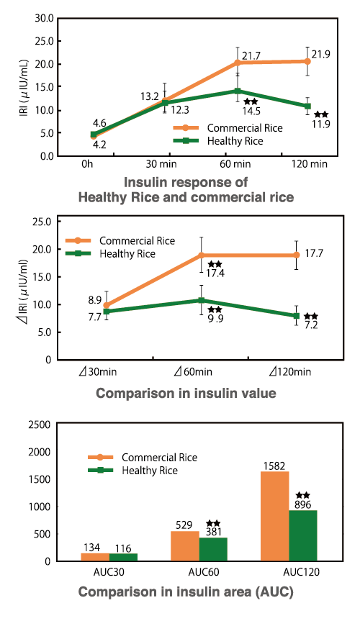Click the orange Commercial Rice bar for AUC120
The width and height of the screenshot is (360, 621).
pos(275,516)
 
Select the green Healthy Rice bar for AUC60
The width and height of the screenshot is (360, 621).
pos(212,549)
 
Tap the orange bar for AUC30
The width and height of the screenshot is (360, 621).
pos(96,557)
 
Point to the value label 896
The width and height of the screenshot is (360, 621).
pos(303,505)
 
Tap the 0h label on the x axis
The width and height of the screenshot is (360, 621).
pos(87,165)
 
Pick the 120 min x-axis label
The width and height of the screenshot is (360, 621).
pos(308,165)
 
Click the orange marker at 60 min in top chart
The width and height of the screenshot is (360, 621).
pos(238,63)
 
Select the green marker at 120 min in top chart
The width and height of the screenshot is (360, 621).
pos(307,106)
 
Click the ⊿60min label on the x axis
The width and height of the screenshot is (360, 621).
pos(194,371)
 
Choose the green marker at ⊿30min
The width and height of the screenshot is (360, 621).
pos(107,311)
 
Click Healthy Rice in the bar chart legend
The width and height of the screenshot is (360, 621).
pos(149,471)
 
